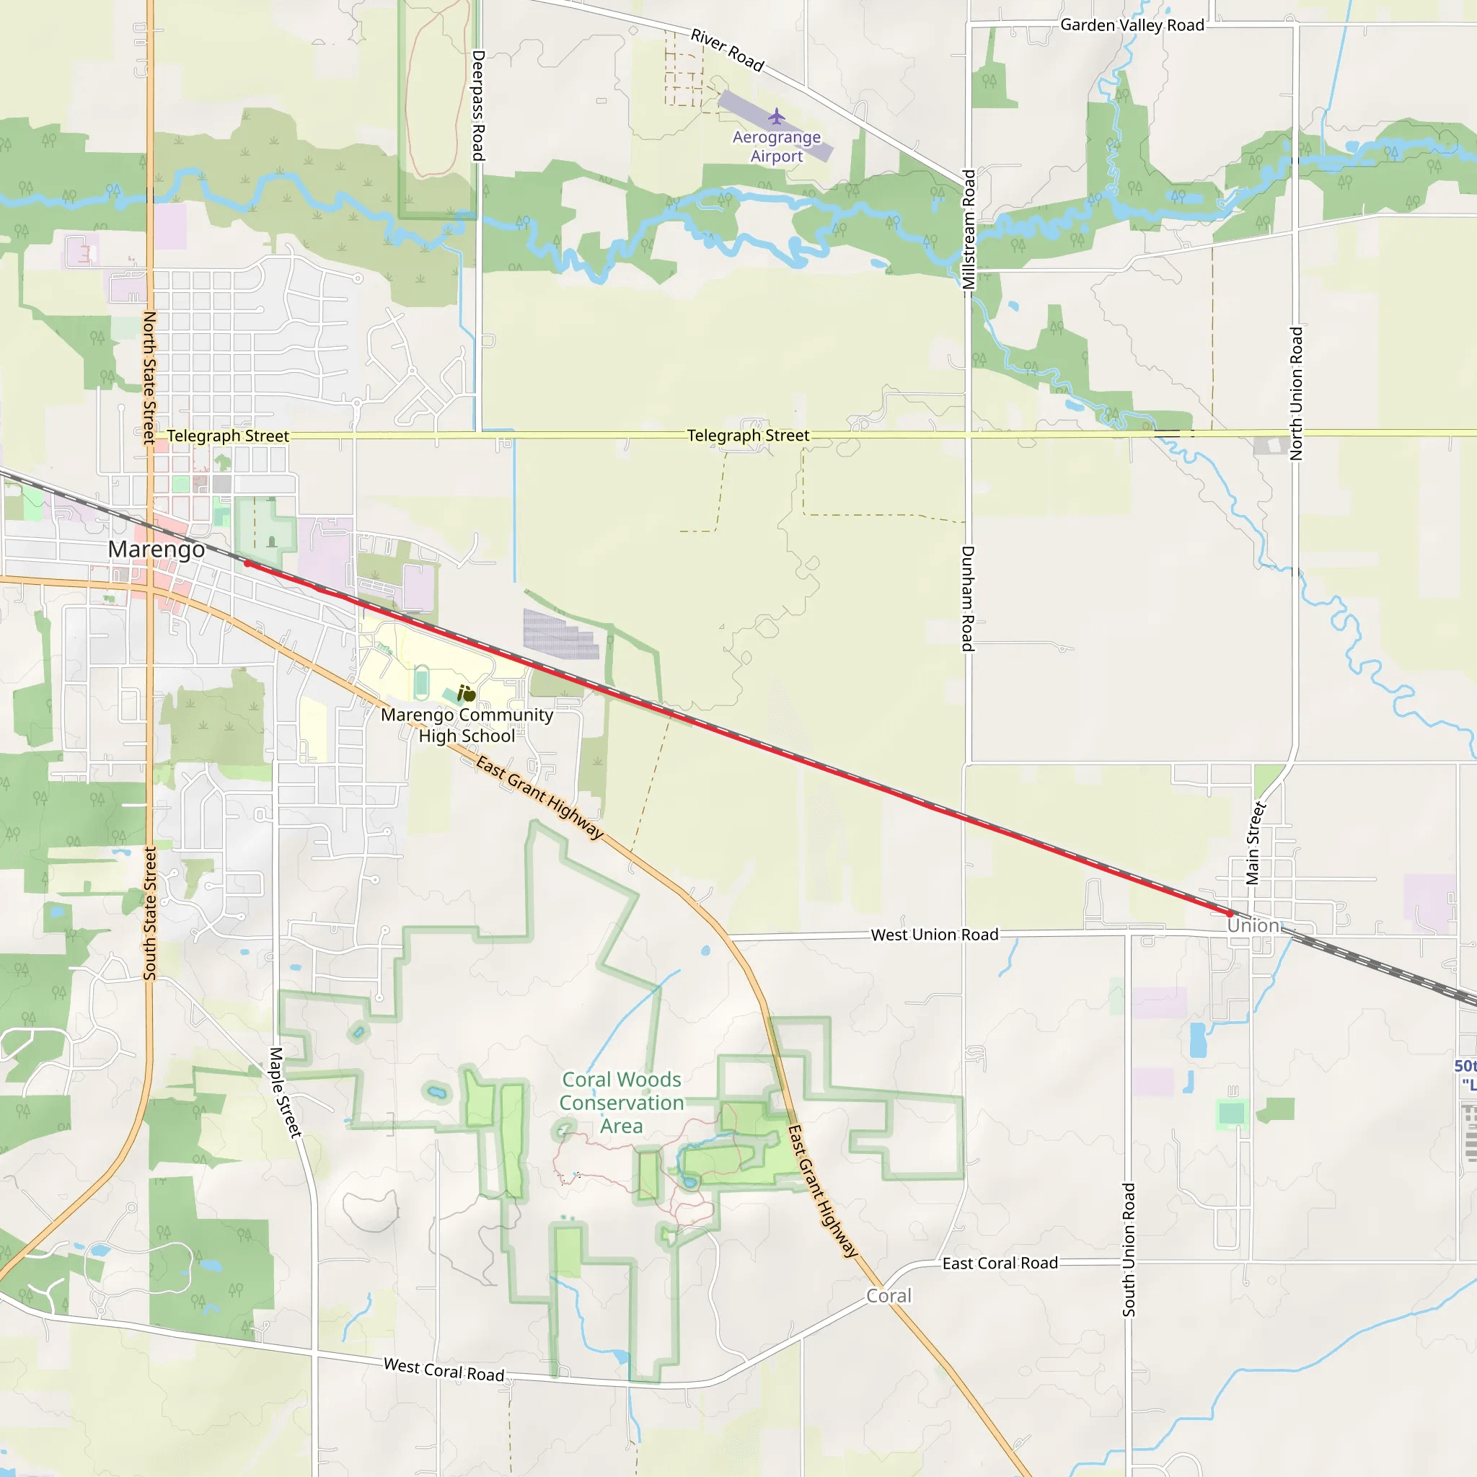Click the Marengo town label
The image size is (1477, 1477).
[x=156, y=549]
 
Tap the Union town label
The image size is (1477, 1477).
[x=1253, y=925]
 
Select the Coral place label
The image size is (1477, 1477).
[x=889, y=1296]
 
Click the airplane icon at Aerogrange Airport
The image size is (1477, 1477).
[x=777, y=117]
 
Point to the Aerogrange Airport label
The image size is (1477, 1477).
[x=777, y=147]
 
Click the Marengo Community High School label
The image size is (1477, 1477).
[x=467, y=726]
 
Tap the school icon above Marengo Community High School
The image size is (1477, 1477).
[x=467, y=693]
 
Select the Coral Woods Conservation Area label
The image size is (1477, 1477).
[x=622, y=1103]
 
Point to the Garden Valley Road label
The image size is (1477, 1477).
[x=1132, y=25]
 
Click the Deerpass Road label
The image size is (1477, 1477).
[x=479, y=105]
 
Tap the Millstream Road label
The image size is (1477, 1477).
[x=969, y=229]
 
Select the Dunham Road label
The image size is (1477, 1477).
[x=968, y=599]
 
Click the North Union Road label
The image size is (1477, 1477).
[x=1296, y=394]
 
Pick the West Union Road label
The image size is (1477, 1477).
[x=934, y=934]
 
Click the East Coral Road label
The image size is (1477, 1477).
[x=1000, y=1264]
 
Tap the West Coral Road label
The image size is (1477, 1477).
[x=444, y=1370]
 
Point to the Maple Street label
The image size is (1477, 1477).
[x=286, y=1093]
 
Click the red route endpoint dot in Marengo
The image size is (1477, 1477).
[x=247, y=563]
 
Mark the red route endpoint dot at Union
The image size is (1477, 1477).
[x=1230, y=914]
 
